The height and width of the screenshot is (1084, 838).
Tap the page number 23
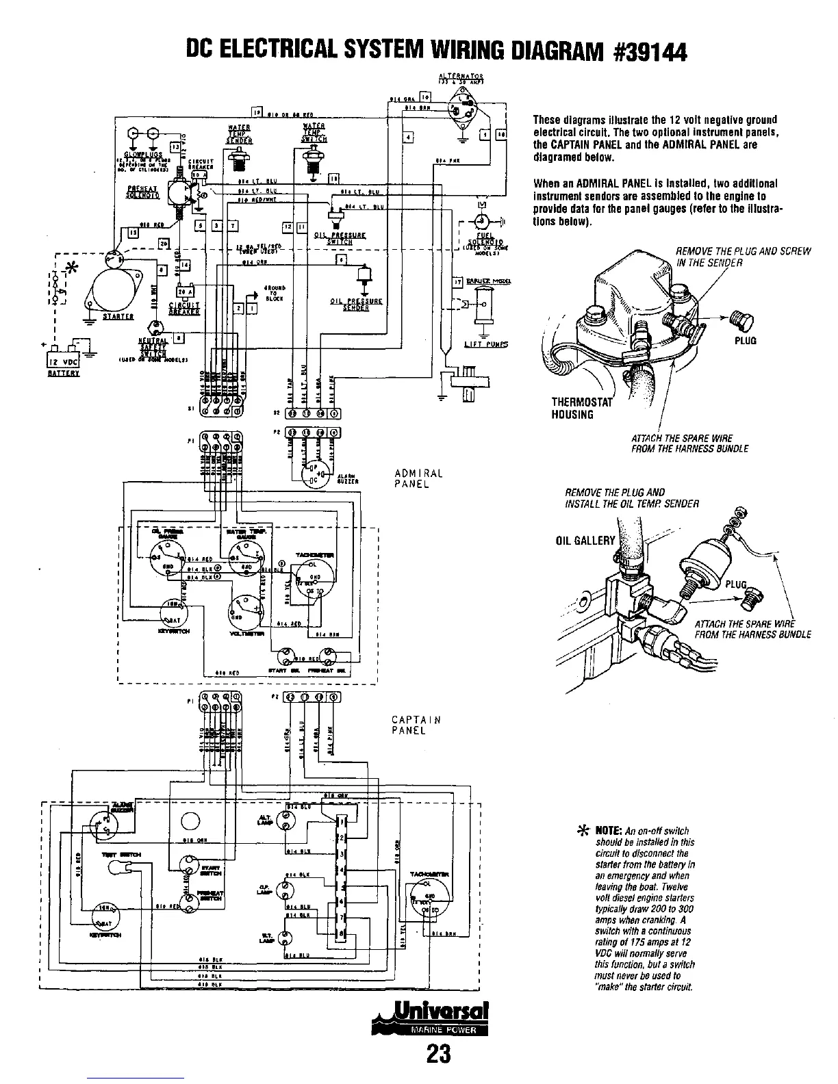click(438, 1055)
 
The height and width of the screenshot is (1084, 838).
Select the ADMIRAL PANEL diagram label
click(419, 478)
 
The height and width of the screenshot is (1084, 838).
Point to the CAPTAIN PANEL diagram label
click(416, 725)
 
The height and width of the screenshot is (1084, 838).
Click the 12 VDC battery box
click(62, 361)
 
